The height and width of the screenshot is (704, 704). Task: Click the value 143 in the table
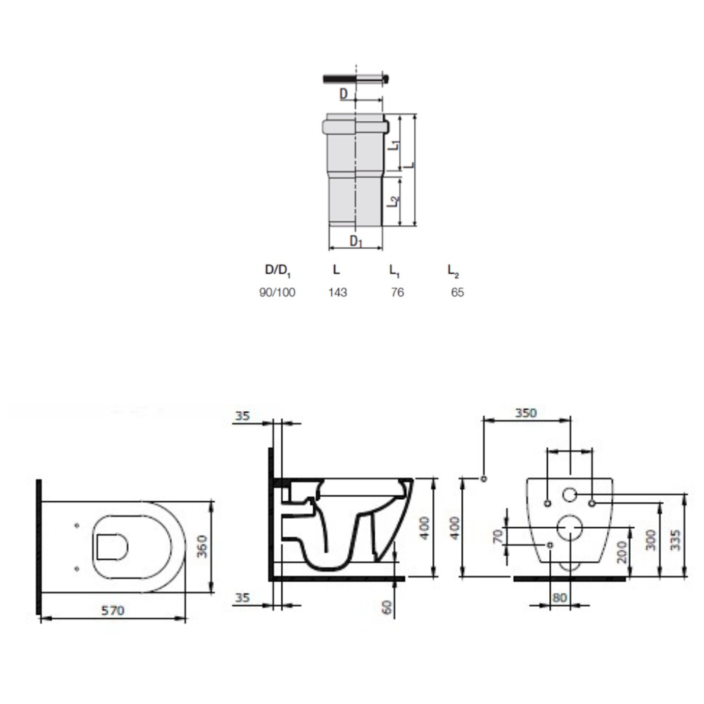tap(337, 293)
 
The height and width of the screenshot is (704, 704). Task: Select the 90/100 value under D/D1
tap(277, 293)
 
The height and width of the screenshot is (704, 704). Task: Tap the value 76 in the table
tap(397, 293)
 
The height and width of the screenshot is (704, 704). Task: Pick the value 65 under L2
tap(457, 293)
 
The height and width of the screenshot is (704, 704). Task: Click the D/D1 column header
tap(277, 271)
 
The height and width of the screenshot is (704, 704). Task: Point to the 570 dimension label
tap(113, 610)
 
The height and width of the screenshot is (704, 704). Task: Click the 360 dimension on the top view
tap(203, 546)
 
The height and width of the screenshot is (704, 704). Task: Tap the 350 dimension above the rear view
tap(526, 413)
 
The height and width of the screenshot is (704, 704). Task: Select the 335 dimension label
tap(675, 540)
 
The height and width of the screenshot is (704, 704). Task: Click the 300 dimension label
tap(651, 540)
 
